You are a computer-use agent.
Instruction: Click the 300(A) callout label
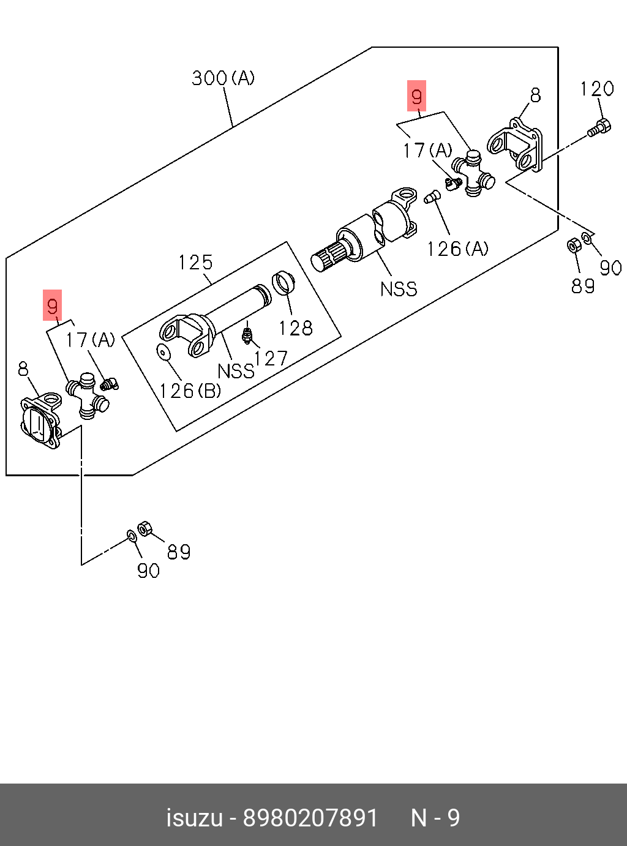[x=223, y=78]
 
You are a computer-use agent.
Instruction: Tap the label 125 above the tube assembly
[x=195, y=263]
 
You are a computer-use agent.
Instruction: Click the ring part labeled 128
[x=283, y=282]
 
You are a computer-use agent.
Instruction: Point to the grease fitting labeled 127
[x=247, y=335]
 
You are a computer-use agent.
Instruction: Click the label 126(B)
[x=190, y=391]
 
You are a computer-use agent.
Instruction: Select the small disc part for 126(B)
[x=163, y=352]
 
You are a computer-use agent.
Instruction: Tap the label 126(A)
[x=457, y=249]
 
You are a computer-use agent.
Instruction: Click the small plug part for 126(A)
[x=432, y=197]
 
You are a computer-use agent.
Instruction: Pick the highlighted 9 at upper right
[x=417, y=96]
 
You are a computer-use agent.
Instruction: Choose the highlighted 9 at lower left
[x=53, y=305]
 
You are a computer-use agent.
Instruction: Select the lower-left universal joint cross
[x=87, y=396]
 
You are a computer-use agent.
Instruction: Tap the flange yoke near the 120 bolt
[x=516, y=146]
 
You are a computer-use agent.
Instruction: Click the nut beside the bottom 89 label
[x=145, y=528]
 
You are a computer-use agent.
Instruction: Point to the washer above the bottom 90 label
[x=131, y=536]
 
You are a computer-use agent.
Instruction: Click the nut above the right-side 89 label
[x=574, y=245]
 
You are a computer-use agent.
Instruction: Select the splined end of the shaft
[x=328, y=256]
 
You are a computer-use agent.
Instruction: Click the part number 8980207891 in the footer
[x=310, y=818]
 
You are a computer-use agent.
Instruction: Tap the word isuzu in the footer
[x=194, y=818]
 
